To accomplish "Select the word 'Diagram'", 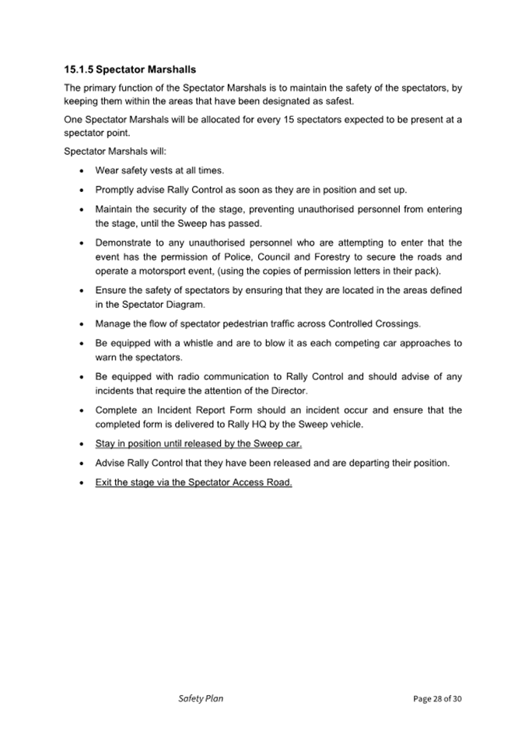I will pyautogui.click(x=187, y=304).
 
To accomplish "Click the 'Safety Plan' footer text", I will pyautogui.click(x=201, y=698).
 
